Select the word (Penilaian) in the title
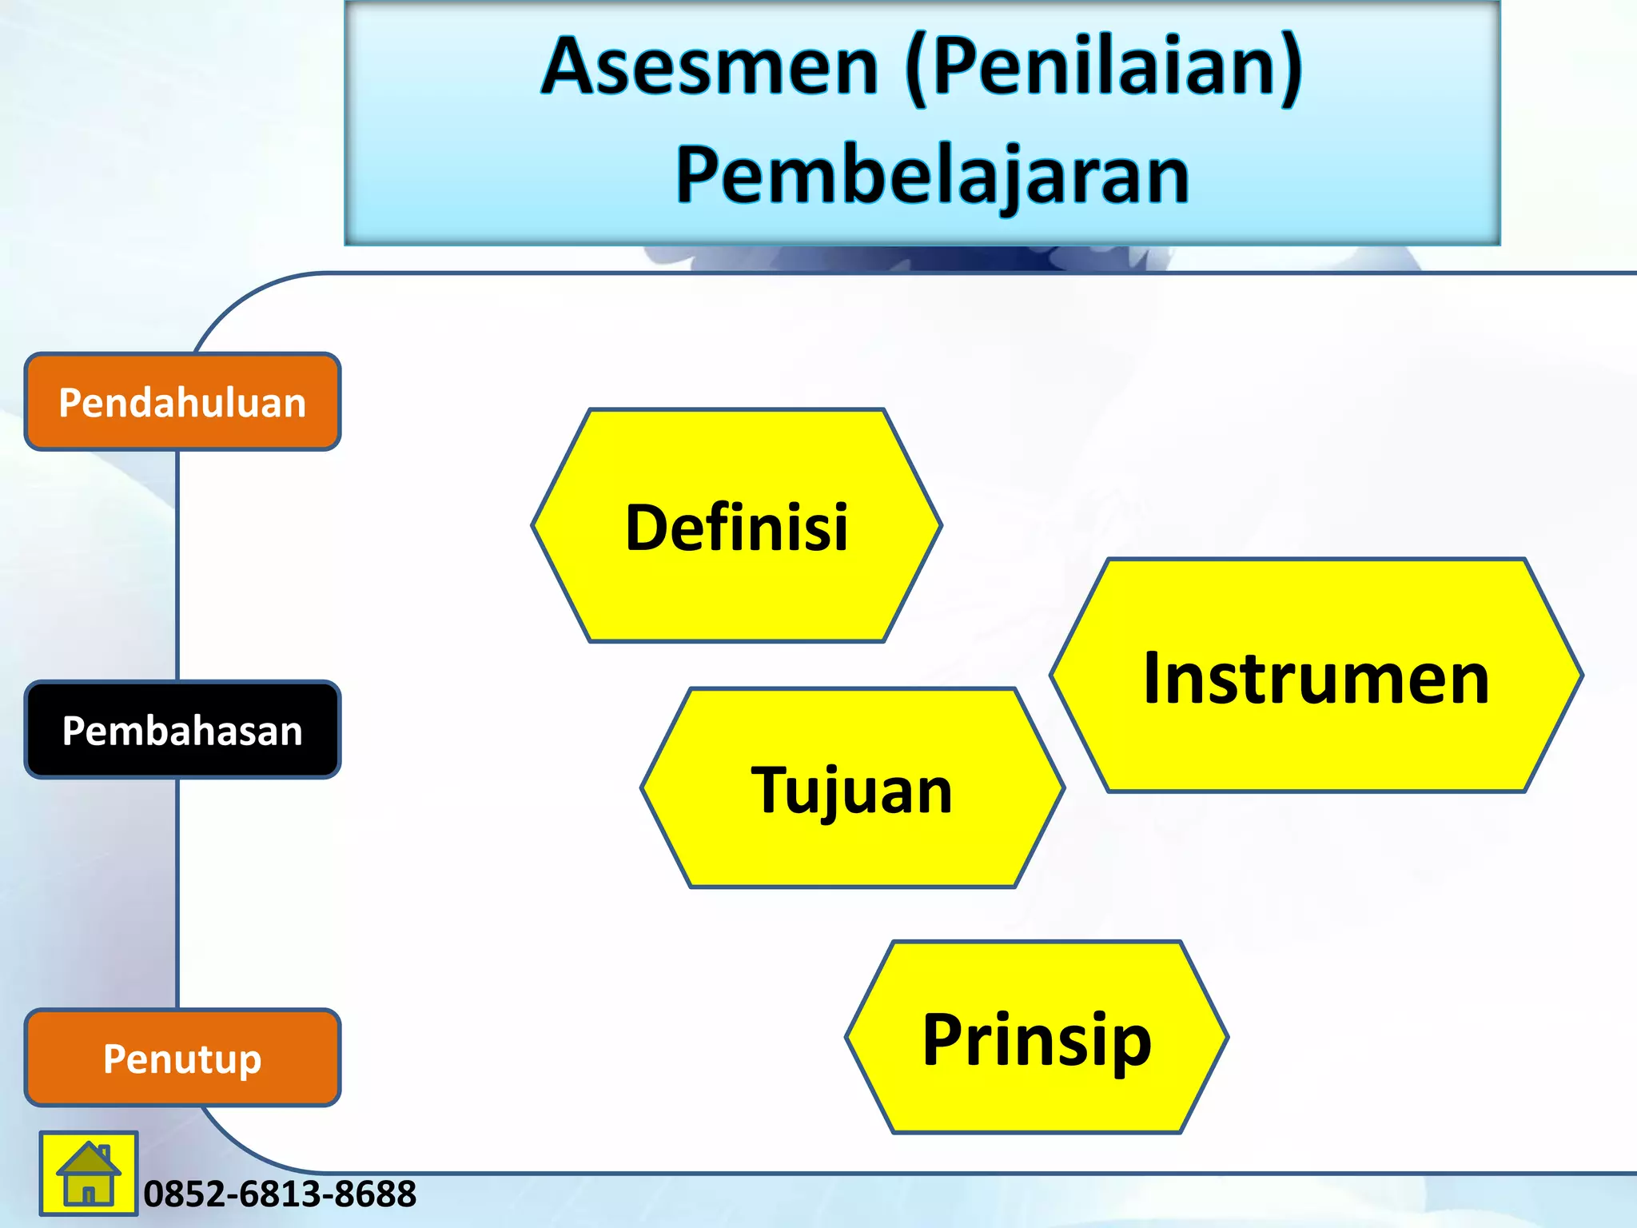click(1105, 67)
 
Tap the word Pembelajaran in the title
click(932, 176)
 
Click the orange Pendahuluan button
click(182, 402)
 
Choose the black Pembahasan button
click(182, 731)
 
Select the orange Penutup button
click(182, 1059)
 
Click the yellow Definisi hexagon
click(736, 526)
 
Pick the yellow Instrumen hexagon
click(1316, 676)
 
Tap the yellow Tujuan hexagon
click(852, 788)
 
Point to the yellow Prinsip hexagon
click(1037, 1038)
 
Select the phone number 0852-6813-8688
click(280, 1194)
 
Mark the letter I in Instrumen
click(1152, 678)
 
